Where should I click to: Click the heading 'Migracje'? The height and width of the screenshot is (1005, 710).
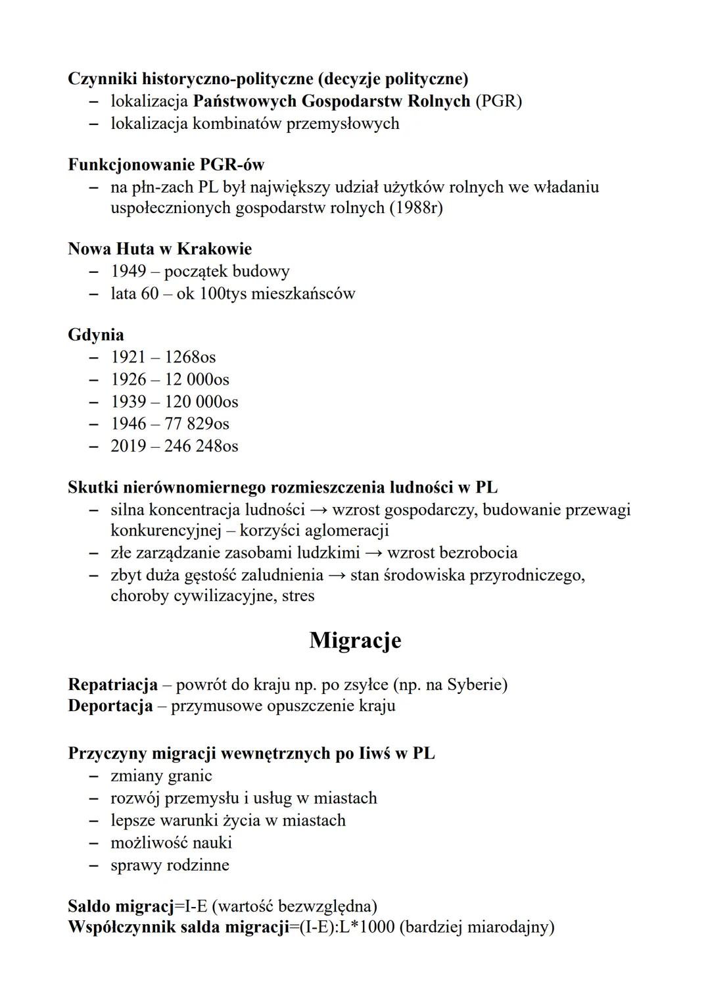click(355, 640)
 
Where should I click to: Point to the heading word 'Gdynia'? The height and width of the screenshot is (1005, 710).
click(96, 335)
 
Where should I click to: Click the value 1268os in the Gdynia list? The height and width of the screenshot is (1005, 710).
click(190, 357)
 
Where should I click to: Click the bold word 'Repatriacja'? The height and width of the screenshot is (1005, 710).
click(112, 685)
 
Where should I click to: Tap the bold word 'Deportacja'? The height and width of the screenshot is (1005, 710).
click(110, 706)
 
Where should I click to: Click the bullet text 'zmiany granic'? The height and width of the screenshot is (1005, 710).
click(161, 775)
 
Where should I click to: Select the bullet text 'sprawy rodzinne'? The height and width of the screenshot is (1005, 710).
click(170, 864)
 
